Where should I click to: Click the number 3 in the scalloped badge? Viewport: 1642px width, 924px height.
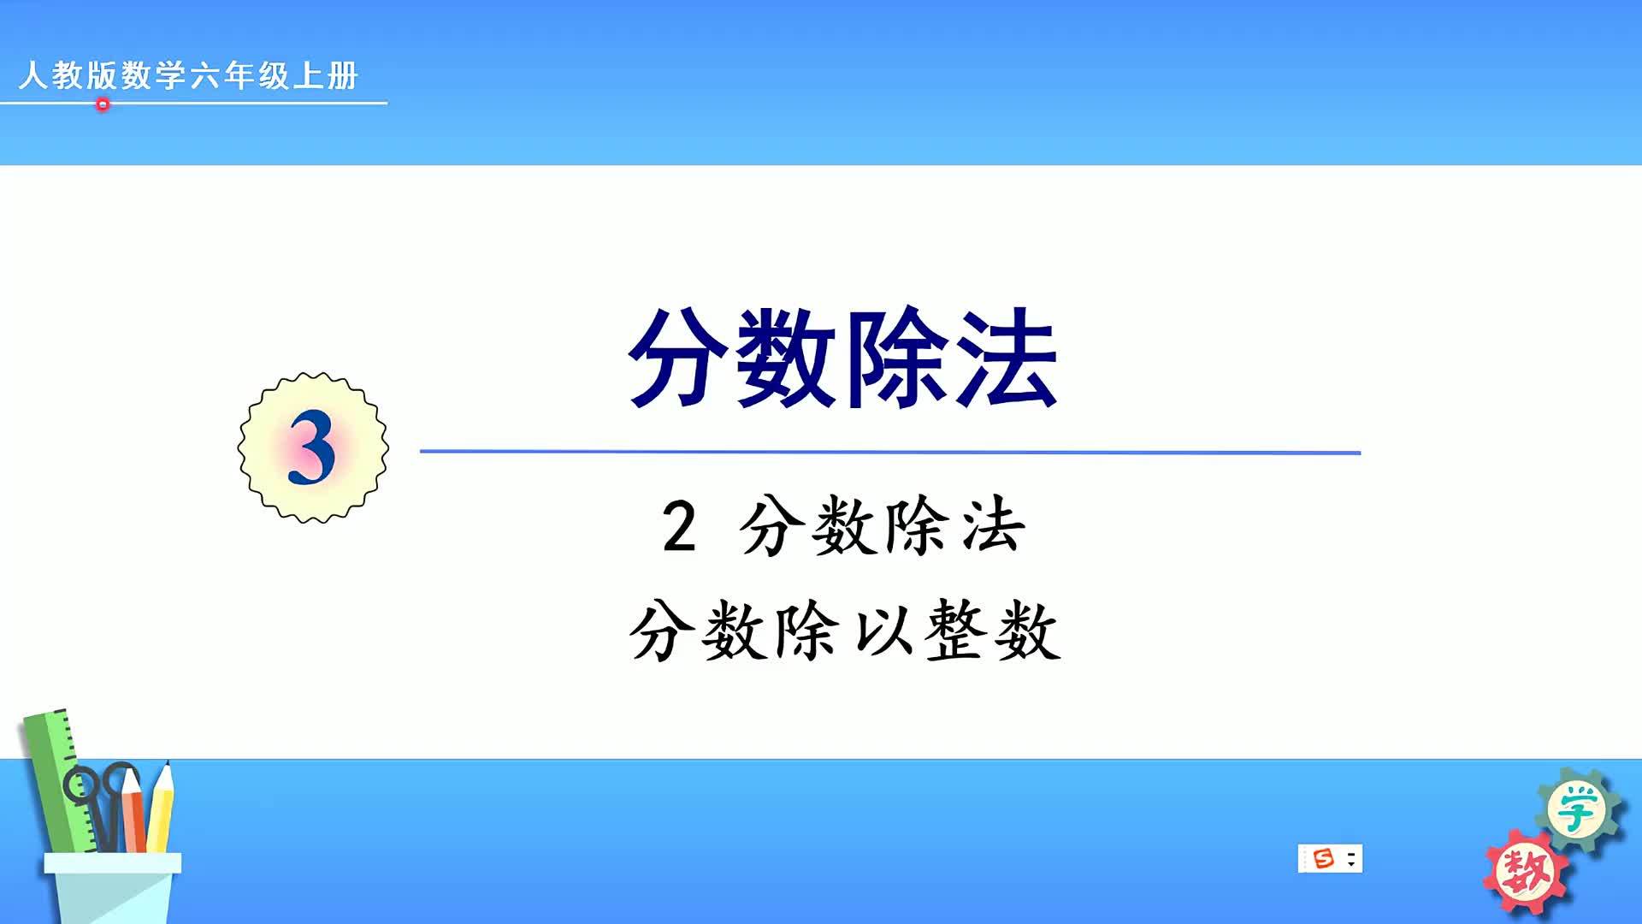(311, 447)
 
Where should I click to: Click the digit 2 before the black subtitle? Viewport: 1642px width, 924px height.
(679, 528)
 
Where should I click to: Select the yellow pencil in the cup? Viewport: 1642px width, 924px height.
(160, 808)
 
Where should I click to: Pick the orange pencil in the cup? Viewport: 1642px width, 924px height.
(133, 808)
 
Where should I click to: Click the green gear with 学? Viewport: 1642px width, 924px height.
(1578, 808)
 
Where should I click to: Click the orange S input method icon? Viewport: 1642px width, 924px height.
(1323, 858)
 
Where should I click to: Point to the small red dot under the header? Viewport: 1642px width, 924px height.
(103, 104)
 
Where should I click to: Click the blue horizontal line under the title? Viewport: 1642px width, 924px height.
(889, 452)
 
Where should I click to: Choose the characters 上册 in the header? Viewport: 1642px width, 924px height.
(326, 75)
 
